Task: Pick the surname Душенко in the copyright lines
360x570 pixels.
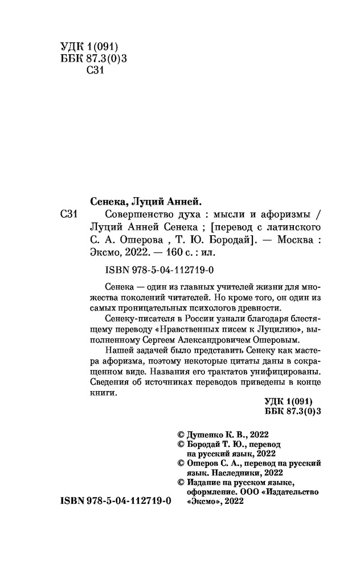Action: [208, 432]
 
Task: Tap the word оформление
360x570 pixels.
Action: [214, 491]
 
